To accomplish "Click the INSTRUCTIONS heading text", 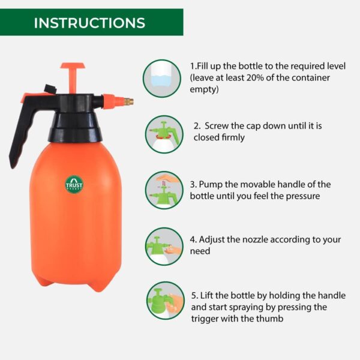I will click(x=89, y=23).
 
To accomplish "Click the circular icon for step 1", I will click(x=163, y=79).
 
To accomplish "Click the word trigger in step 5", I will click(x=205, y=319).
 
